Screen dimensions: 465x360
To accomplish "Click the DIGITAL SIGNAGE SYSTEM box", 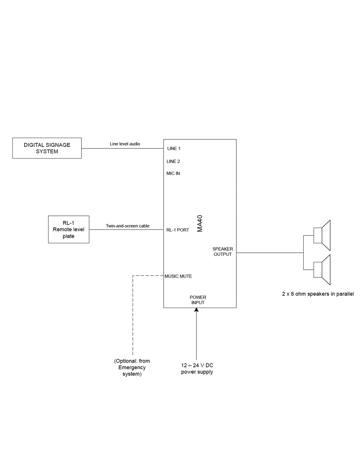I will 47,148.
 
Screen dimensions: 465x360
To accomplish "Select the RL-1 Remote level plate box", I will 68,229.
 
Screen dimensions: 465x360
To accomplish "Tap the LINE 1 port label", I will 174,148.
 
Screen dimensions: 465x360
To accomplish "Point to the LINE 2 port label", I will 173,161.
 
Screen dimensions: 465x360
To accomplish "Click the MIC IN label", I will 173,173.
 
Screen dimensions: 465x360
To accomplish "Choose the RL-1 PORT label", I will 178,230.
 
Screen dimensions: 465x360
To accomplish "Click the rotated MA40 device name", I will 200,223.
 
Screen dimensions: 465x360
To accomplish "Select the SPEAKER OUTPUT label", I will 223,251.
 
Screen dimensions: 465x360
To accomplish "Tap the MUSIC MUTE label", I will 178,276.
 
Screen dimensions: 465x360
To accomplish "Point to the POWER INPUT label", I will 198,300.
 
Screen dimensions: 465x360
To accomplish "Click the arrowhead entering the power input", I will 196,310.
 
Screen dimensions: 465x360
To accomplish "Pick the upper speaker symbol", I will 322,235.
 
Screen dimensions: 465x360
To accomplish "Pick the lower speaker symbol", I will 322,270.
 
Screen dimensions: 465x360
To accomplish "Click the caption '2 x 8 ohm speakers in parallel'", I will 318,294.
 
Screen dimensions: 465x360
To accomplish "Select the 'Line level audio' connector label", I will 125,144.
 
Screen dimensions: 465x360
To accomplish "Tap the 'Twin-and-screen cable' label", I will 128,226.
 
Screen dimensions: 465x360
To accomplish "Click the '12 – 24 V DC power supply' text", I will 197,369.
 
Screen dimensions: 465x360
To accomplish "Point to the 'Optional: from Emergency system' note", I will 132,368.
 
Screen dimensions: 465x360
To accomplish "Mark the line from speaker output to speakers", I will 270,253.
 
